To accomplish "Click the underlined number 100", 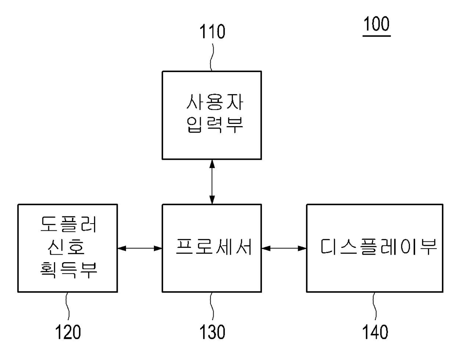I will pyautogui.click(x=376, y=24).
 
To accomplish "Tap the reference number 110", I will pyautogui.click(x=212, y=32).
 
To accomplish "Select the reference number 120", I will pyautogui.click(x=68, y=332).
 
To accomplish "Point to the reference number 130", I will pyautogui.click(x=212, y=332).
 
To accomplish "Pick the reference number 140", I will pyautogui.click(x=375, y=332).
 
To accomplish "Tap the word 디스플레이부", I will pyautogui.click(x=379, y=247).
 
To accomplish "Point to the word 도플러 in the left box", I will pyautogui.click(x=68, y=224).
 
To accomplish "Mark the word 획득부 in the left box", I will pyautogui.click(x=68, y=270).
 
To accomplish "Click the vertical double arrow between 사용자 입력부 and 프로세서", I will pyautogui.click(x=212, y=182).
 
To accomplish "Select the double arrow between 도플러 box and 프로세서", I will pyautogui.click(x=140, y=248).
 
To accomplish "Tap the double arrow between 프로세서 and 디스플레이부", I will pyautogui.click(x=284, y=248).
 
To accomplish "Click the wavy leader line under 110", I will pyautogui.click(x=212, y=57).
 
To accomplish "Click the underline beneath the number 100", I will pyautogui.click(x=376, y=36).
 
